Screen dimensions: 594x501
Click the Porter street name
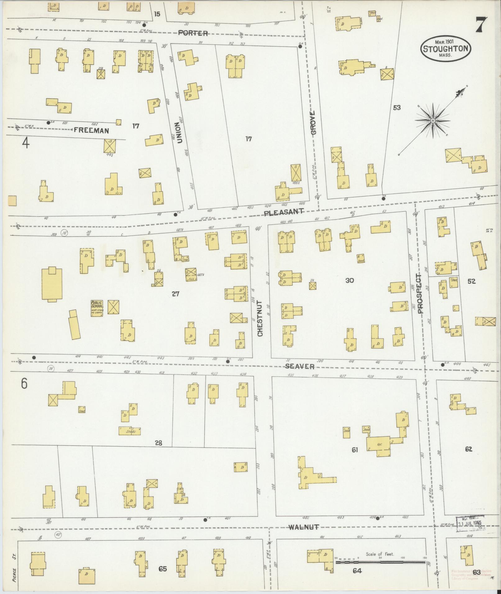(193, 33)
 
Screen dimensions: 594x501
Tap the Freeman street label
(91, 131)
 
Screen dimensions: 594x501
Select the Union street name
(179, 133)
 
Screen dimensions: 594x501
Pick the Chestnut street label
(260, 318)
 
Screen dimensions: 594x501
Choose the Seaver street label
(300, 366)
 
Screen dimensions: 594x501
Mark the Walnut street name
(303, 527)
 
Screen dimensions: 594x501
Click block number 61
(355, 450)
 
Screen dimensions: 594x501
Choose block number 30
(349, 280)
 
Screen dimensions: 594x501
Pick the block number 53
(397, 108)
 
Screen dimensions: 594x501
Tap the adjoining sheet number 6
(24, 384)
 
